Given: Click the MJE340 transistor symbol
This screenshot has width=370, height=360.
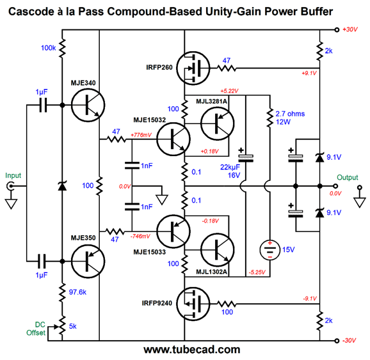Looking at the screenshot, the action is pos(88,105).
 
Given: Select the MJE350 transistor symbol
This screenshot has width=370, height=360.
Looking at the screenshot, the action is pos(88,262).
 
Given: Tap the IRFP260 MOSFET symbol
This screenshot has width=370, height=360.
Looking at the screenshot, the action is pos(193,68).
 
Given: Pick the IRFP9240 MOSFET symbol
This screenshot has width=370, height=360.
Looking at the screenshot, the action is pos(193,304).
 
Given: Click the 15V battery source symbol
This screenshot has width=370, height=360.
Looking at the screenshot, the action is pos(270,250).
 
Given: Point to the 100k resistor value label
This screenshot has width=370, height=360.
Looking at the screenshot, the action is pos(49,48).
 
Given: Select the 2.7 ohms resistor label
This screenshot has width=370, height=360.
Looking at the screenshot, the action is pos(290,114).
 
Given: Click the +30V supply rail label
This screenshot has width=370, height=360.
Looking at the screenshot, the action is pos(350,29).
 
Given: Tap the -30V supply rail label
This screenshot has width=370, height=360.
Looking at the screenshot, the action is pos(350,340).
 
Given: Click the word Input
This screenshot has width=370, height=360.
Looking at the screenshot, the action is pos(13,175).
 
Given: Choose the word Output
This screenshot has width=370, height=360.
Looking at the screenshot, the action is pos(348,177).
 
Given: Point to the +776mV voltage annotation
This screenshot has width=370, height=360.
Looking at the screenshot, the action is pos(141,135).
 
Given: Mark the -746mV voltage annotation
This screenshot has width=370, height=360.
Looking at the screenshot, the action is pos(140,236).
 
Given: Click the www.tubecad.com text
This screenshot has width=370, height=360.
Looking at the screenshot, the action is pos(192,350).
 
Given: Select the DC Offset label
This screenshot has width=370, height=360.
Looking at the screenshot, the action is pos(36,329).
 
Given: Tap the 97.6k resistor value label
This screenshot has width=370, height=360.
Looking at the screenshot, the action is pos(77,292).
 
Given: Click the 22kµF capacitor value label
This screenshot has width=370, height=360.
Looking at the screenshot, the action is pos(230,167).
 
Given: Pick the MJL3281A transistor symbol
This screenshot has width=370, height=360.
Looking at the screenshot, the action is pos(218,123).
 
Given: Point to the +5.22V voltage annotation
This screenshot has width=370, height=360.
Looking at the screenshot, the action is pos(229,91).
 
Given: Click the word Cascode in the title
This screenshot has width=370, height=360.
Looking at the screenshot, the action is pos(31,12).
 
